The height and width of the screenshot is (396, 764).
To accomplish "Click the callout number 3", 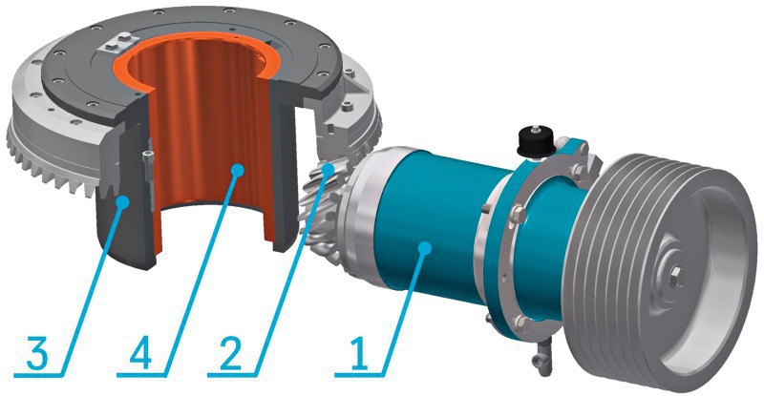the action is click(38, 352).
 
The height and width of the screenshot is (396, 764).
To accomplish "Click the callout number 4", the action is click(140, 352).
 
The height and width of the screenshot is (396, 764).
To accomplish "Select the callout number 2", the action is click(230, 352).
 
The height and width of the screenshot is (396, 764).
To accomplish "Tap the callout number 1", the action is click(359, 352).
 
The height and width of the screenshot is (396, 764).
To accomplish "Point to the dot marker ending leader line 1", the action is click(426, 248).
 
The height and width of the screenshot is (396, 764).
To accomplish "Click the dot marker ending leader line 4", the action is click(237, 169).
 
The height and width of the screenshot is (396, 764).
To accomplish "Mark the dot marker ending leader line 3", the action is click(123, 200).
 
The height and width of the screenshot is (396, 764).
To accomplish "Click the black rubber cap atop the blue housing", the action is click(536, 142).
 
